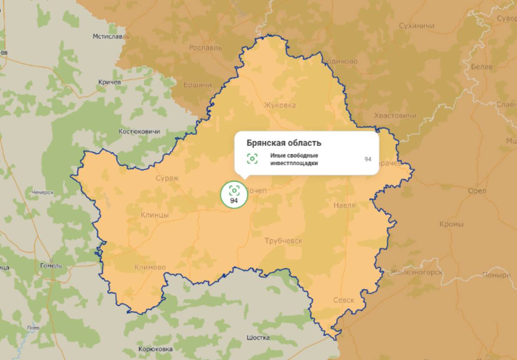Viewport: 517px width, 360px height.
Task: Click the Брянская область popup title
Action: [x=284, y=143]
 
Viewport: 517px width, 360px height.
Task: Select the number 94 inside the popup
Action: [x=368, y=159]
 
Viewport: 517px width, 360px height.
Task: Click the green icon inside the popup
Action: [x=252, y=159]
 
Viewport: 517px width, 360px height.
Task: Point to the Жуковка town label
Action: [x=280, y=105]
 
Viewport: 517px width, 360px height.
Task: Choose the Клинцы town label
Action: [x=155, y=215]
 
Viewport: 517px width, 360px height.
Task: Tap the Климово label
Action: [x=150, y=267]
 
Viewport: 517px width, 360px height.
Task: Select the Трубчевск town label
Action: [x=283, y=241]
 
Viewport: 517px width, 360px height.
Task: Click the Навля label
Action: [x=344, y=205]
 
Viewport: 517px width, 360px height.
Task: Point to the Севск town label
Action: [x=343, y=300]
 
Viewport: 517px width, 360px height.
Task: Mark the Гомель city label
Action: [x=51, y=266]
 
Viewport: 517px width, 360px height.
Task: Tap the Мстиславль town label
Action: [x=111, y=37]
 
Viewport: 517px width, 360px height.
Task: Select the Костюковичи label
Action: [x=139, y=131]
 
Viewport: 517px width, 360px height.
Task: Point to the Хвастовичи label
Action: [x=395, y=115]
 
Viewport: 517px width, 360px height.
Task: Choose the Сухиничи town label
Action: [x=416, y=26]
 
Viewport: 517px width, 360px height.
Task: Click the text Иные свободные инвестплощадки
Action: [x=294, y=159]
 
